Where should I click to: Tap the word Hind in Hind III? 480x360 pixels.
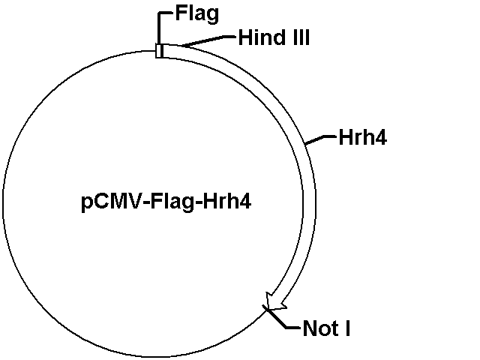pyautogui.click(x=260, y=37)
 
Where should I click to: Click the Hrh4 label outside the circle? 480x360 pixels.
pyautogui.click(x=363, y=137)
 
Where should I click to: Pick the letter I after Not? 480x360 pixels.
pyautogui.click(x=347, y=328)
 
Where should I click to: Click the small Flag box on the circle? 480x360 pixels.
pyautogui.click(x=160, y=50)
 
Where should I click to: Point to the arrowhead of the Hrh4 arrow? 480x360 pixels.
pyautogui.click(x=275, y=301)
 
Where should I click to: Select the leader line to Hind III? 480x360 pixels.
pyautogui.click(x=208, y=41)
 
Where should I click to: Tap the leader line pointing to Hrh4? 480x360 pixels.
pyautogui.click(x=321, y=139)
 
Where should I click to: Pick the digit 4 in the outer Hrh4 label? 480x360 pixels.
pyautogui.click(x=381, y=137)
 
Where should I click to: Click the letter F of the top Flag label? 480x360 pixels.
pyautogui.click(x=181, y=13)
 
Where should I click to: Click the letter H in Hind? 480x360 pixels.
pyautogui.click(x=245, y=37)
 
